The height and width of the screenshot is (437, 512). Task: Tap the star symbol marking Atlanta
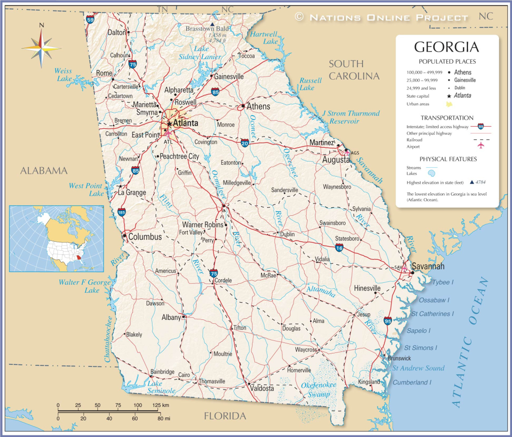tap(169, 123)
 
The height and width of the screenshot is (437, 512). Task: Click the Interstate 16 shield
tap(339, 247)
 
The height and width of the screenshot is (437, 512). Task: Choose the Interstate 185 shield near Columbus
tap(121, 212)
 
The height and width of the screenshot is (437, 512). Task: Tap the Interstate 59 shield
tap(90, 19)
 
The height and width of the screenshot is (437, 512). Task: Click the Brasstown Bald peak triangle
tap(212, 24)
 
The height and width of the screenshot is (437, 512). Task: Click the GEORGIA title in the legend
tap(446, 48)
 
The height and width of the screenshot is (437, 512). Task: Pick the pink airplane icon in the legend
tap(481, 146)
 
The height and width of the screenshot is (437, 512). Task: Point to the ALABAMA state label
tap(43, 171)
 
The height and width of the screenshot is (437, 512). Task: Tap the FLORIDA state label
tap(225, 416)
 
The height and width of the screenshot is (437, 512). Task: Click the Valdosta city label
tap(262, 388)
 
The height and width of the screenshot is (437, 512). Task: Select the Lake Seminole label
tap(161, 387)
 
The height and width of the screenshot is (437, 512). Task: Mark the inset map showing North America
tap(56, 239)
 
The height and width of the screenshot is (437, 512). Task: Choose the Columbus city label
tap(145, 237)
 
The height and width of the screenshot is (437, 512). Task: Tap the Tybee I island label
tap(442, 282)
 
